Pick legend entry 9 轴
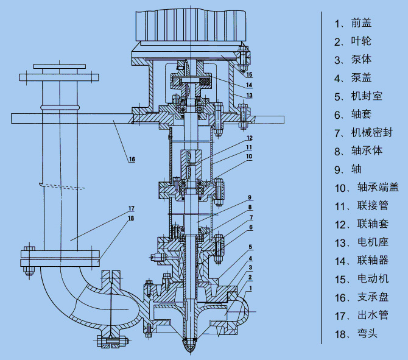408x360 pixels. click(x=351, y=169)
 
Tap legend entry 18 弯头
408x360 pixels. click(x=362, y=333)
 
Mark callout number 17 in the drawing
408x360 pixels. click(x=131, y=208)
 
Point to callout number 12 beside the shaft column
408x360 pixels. click(x=249, y=138)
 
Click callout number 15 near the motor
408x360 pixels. click(x=248, y=74)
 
